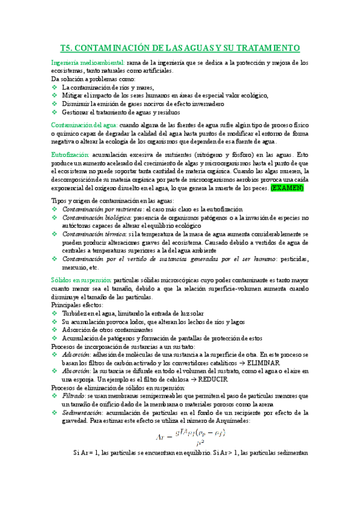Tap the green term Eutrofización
[x=70, y=155]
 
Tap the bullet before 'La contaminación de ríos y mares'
[x=55, y=87]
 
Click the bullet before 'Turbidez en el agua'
[x=55, y=314]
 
